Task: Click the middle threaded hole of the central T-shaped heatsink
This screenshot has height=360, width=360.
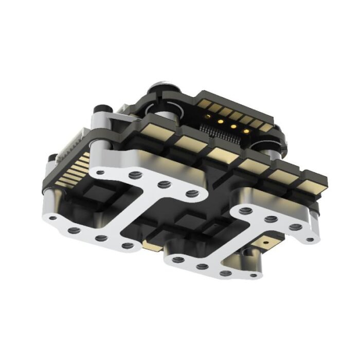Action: click(x=164, y=184)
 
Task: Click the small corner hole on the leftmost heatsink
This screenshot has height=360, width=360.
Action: click(x=52, y=218)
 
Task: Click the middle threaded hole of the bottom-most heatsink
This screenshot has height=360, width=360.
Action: click(x=202, y=266)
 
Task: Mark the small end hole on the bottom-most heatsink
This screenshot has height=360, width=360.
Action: click(x=253, y=276)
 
